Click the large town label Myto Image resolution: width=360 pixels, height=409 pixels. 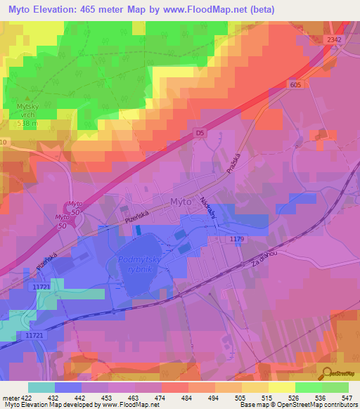coord(181,202)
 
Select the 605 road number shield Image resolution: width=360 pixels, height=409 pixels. coord(296,84)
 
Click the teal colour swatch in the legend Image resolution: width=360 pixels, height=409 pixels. coord(41,387)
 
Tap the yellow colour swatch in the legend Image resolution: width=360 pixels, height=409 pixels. coord(282,387)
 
